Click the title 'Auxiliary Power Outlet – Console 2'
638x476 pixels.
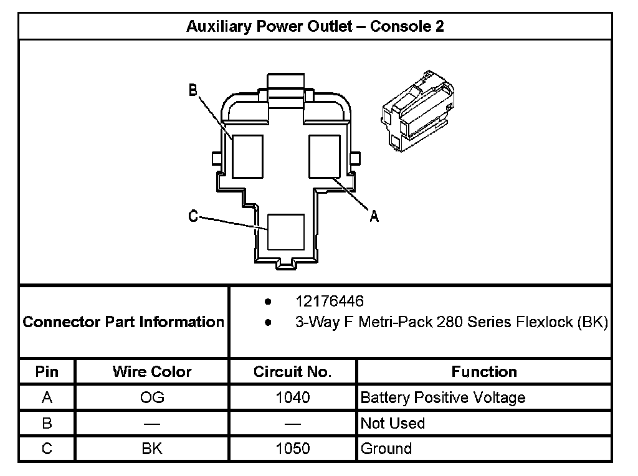tap(315, 27)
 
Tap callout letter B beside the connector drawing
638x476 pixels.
tap(193, 91)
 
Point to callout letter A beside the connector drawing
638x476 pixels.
tap(374, 216)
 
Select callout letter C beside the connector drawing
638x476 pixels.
tap(193, 216)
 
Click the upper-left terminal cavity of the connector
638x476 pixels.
tap(247, 155)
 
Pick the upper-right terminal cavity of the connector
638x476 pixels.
tap(325, 155)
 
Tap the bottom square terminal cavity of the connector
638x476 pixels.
tap(286, 232)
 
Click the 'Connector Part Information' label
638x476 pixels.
tap(123, 322)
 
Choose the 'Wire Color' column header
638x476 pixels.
tap(152, 372)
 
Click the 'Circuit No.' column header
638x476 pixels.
tap(292, 372)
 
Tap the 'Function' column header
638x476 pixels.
tap(483, 372)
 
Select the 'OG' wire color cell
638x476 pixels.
tap(152, 397)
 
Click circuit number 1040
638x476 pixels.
tap(292, 397)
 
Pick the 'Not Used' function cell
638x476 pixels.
tap(393, 424)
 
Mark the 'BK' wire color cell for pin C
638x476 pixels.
tap(152, 449)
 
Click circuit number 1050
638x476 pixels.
tap(292, 449)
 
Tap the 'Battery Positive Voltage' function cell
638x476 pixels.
tap(442, 397)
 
